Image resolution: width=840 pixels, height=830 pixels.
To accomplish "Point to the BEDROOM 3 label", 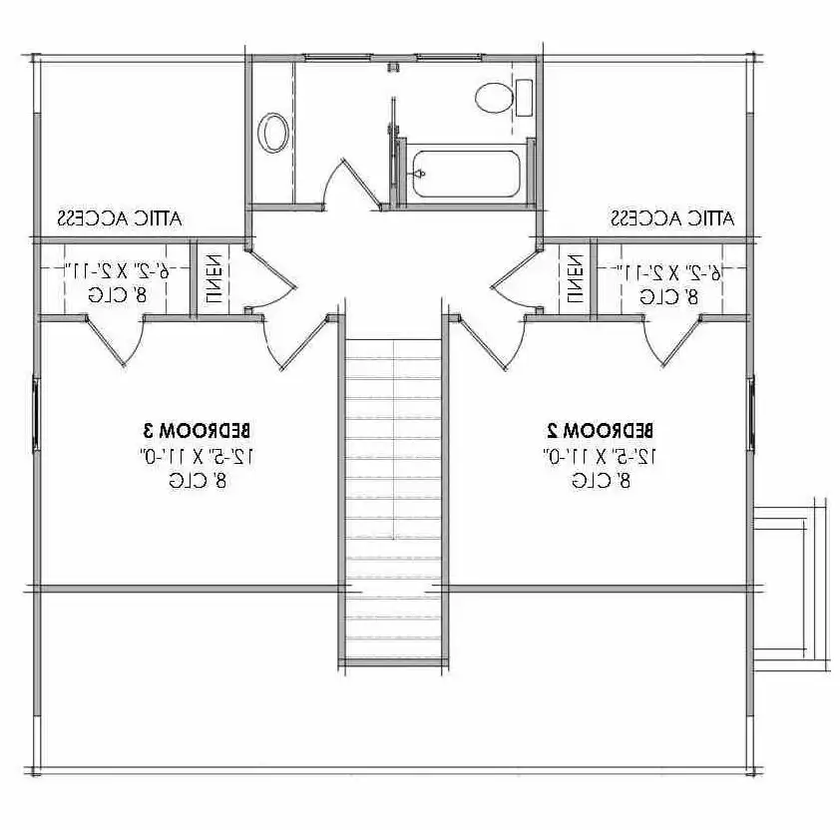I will pyautogui.click(x=196, y=431).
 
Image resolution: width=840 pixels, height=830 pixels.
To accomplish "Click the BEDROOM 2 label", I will pyautogui.click(x=601, y=431).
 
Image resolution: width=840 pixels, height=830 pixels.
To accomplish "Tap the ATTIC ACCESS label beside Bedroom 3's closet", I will pyautogui.click(x=123, y=216).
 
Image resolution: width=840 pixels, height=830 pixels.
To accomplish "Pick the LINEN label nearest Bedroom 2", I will pyautogui.click(x=576, y=278).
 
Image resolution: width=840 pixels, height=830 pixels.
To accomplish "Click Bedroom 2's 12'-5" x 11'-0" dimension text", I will pyautogui.click(x=600, y=456).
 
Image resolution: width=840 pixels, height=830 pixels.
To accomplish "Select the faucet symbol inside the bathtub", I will pyautogui.click(x=420, y=174).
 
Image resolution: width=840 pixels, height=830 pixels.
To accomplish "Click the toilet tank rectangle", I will pyautogui.click(x=523, y=98).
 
